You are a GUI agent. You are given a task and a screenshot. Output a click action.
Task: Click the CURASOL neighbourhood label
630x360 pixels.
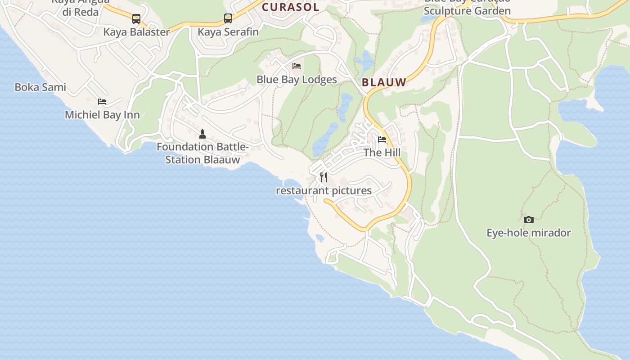point(290,7)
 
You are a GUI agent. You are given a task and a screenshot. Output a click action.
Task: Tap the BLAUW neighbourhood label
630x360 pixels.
point(384,82)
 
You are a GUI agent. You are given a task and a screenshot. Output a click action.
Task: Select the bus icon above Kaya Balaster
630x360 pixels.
point(136,19)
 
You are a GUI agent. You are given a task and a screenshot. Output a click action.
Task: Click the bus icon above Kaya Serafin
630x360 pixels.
point(228,18)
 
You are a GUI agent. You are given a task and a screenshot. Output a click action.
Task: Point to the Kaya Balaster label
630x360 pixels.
point(136,32)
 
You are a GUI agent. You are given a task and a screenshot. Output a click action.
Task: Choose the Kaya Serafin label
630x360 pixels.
point(228,32)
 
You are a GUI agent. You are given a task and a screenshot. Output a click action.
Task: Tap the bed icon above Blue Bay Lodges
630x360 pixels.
point(297,66)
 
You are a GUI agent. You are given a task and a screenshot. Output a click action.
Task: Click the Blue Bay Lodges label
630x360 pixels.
point(297,80)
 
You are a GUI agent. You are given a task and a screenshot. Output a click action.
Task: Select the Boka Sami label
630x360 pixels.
point(40,87)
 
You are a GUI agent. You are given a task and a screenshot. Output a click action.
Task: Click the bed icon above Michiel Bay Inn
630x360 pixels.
point(102,101)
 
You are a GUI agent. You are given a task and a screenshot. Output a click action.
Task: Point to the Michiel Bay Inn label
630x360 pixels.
point(102,115)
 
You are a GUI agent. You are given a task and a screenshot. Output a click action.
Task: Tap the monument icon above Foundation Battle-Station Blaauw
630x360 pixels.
point(202,134)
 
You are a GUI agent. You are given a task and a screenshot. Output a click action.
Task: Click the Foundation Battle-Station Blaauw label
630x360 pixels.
point(202,153)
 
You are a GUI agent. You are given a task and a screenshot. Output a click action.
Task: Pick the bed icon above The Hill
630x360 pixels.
point(382,139)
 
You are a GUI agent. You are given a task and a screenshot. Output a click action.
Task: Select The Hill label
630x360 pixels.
point(382,153)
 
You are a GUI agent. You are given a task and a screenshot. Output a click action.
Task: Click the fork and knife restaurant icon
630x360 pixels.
point(324,177)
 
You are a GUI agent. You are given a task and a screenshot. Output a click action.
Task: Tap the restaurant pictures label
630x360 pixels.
point(324,191)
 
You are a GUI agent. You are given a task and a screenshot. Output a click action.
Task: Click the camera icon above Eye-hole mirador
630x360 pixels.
point(529,220)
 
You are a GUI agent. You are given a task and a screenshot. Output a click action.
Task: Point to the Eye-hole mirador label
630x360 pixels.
point(529,233)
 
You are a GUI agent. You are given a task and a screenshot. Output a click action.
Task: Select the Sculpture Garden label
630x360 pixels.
point(467,11)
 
